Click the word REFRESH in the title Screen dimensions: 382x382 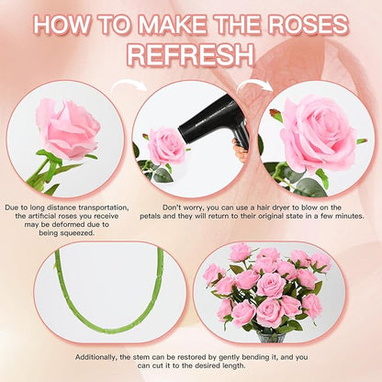[x=190, y=52]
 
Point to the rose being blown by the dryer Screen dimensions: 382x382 [x=166, y=145]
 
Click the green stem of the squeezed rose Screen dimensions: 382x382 [x=41, y=170]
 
